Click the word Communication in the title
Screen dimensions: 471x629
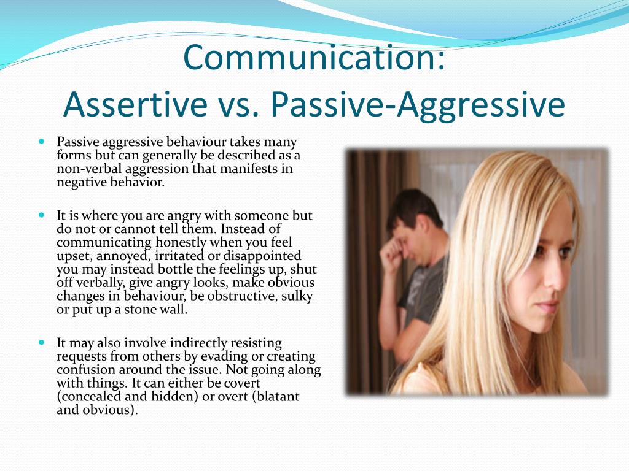tap(314, 57)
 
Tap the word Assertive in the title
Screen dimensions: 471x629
tap(135, 104)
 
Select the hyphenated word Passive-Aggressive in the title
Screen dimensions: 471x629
tap(418, 104)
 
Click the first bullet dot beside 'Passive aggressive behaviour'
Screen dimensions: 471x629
tap(42, 141)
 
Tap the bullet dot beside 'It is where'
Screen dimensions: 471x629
tap(42, 216)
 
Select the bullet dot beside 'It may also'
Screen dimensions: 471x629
tap(42, 342)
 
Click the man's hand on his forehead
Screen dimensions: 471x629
tap(393, 245)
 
